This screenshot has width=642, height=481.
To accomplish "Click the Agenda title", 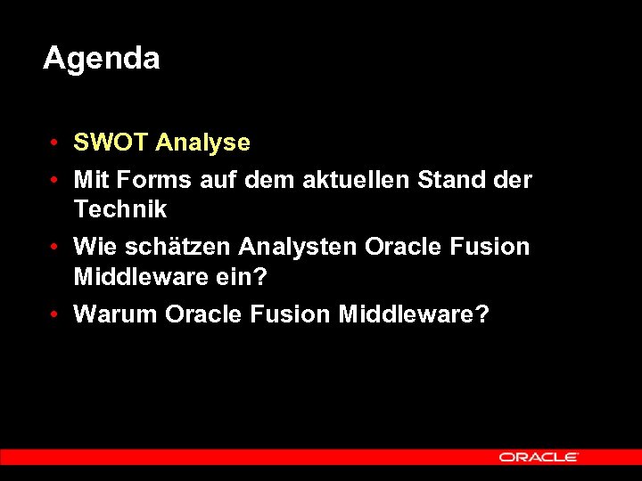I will click(102, 59).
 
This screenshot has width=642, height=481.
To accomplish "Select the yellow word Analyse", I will click(202, 143).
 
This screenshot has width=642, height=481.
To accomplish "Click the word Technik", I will click(120, 210).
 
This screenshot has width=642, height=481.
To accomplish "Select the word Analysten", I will click(299, 247).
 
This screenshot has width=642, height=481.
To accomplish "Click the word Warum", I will click(116, 314).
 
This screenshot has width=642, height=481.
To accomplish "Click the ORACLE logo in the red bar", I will click(539, 457).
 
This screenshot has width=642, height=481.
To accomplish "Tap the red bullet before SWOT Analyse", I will click(55, 143).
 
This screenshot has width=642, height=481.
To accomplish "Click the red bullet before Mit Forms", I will click(55, 181).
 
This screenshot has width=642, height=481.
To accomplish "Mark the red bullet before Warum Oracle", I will click(55, 315).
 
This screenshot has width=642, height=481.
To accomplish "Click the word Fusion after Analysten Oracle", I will click(490, 247).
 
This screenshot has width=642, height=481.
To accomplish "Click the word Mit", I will click(88, 180).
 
